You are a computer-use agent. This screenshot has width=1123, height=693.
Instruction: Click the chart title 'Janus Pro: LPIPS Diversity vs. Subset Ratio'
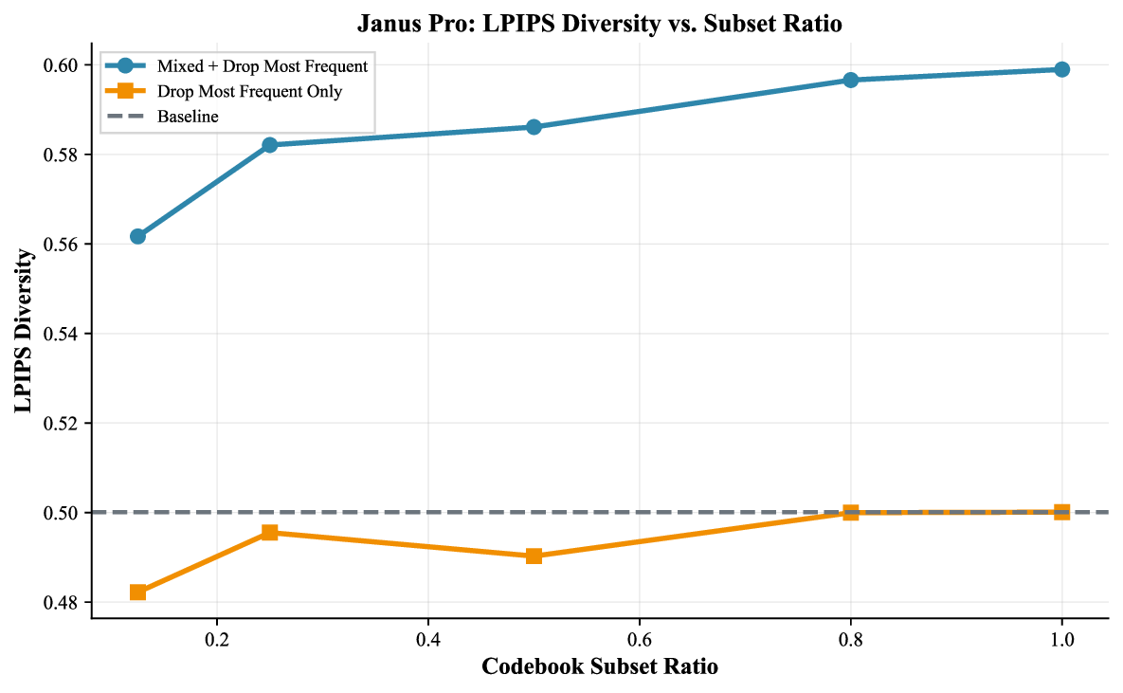[x=600, y=23]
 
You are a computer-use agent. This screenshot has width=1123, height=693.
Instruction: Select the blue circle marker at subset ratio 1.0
[x=1061, y=69]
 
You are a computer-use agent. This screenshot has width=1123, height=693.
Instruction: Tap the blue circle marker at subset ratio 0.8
[x=850, y=81]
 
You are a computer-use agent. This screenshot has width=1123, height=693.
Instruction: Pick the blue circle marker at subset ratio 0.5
[x=534, y=127]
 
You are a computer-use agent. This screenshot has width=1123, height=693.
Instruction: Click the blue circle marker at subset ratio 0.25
[x=269, y=145]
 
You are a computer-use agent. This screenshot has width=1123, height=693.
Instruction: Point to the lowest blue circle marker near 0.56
[x=137, y=236]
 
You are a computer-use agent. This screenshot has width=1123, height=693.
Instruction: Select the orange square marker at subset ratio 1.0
[x=1061, y=512]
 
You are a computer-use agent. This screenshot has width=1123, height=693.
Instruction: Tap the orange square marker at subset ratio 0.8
[x=850, y=512]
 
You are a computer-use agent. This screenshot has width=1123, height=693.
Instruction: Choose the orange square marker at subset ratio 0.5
[x=534, y=556]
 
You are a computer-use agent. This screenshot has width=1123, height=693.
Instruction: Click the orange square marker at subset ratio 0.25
[x=269, y=533]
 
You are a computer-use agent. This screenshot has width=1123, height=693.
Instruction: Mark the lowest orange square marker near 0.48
[x=137, y=593]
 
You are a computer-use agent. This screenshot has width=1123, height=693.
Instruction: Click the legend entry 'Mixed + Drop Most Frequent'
[x=263, y=66]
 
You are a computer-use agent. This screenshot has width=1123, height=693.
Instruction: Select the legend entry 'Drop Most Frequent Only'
[x=250, y=92]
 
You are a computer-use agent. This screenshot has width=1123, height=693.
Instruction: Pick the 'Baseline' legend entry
[x=188, y=117]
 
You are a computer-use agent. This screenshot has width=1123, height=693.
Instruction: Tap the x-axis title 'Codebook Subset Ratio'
[x=599, y=667]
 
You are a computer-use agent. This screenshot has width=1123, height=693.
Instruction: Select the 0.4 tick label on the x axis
[x=428, y=639]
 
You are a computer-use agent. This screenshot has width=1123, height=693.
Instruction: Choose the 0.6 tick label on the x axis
[x=640, y=639]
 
